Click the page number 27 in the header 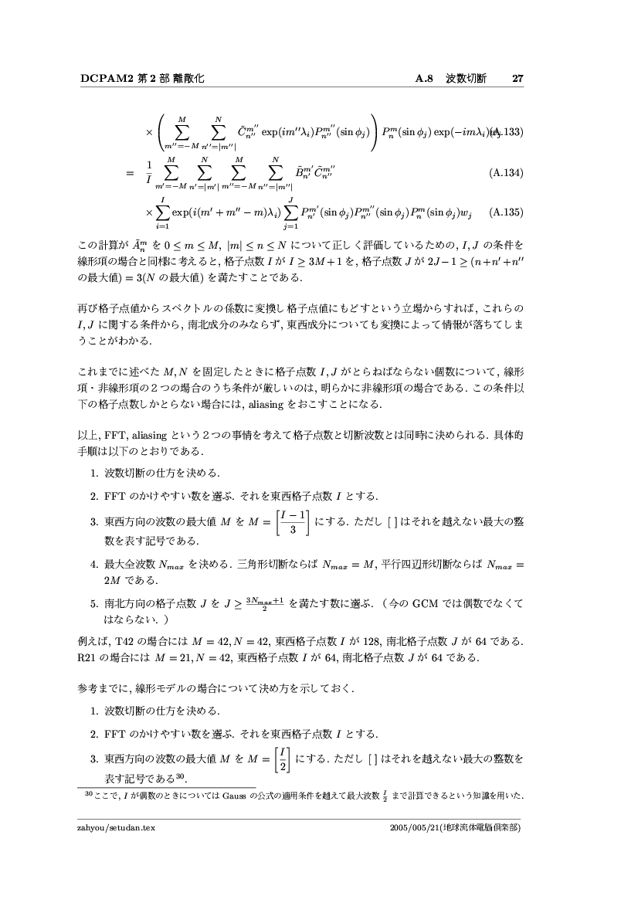[518, 79]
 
